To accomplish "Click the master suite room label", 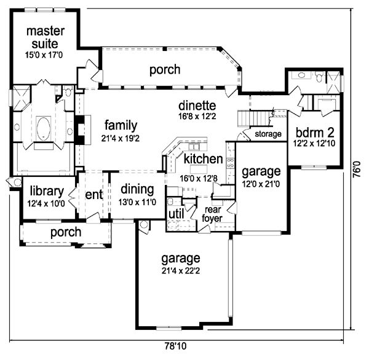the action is (x=45, y=37).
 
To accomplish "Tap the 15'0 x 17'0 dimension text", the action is (x=44, y=55).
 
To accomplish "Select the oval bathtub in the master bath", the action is (x=44, y=129).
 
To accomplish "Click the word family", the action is (x=121, y=126).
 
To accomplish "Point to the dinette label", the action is (x=197, y=106).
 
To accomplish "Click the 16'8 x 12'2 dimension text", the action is (x=197, y=116).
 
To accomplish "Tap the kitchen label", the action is (x=203, y=159).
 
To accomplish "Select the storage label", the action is (x=268, y=134).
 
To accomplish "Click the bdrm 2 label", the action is (x=315, y=133).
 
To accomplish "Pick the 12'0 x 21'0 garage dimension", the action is (x=261, y=184).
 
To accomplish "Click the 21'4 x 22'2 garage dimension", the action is (x=181, y=271).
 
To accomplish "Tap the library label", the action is (x=47, y=191).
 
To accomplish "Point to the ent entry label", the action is (x=94, y=195).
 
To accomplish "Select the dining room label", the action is (x=137, y=190).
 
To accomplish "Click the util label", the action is (x=177, y=214).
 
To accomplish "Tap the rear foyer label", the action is (x=212, y=214).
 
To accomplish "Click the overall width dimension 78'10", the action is (x=175, y=346).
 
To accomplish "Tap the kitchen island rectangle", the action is (x=199, y=169).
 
